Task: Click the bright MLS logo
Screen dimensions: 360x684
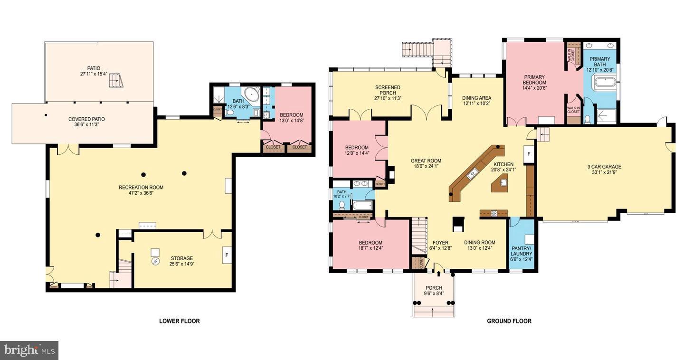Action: (29, 351)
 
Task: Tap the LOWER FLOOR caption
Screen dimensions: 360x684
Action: (179, 321)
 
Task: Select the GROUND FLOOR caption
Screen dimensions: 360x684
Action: (509, 321)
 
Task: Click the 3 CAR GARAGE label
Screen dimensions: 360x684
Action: (604, 167)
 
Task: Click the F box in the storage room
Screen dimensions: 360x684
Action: (227, 255)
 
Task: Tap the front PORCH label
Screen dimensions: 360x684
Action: (434, 288)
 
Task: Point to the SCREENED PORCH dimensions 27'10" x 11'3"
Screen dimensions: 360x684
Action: (388, 98)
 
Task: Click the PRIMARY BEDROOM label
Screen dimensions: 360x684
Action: (534, 80)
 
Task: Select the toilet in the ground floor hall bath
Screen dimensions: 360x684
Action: (342, 206)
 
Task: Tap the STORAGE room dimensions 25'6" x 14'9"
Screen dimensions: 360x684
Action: (181, 265)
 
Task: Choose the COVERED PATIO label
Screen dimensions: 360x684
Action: (87, 119)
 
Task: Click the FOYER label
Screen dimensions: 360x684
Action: (437, 243)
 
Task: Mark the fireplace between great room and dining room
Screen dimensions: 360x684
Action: (458, 224)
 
